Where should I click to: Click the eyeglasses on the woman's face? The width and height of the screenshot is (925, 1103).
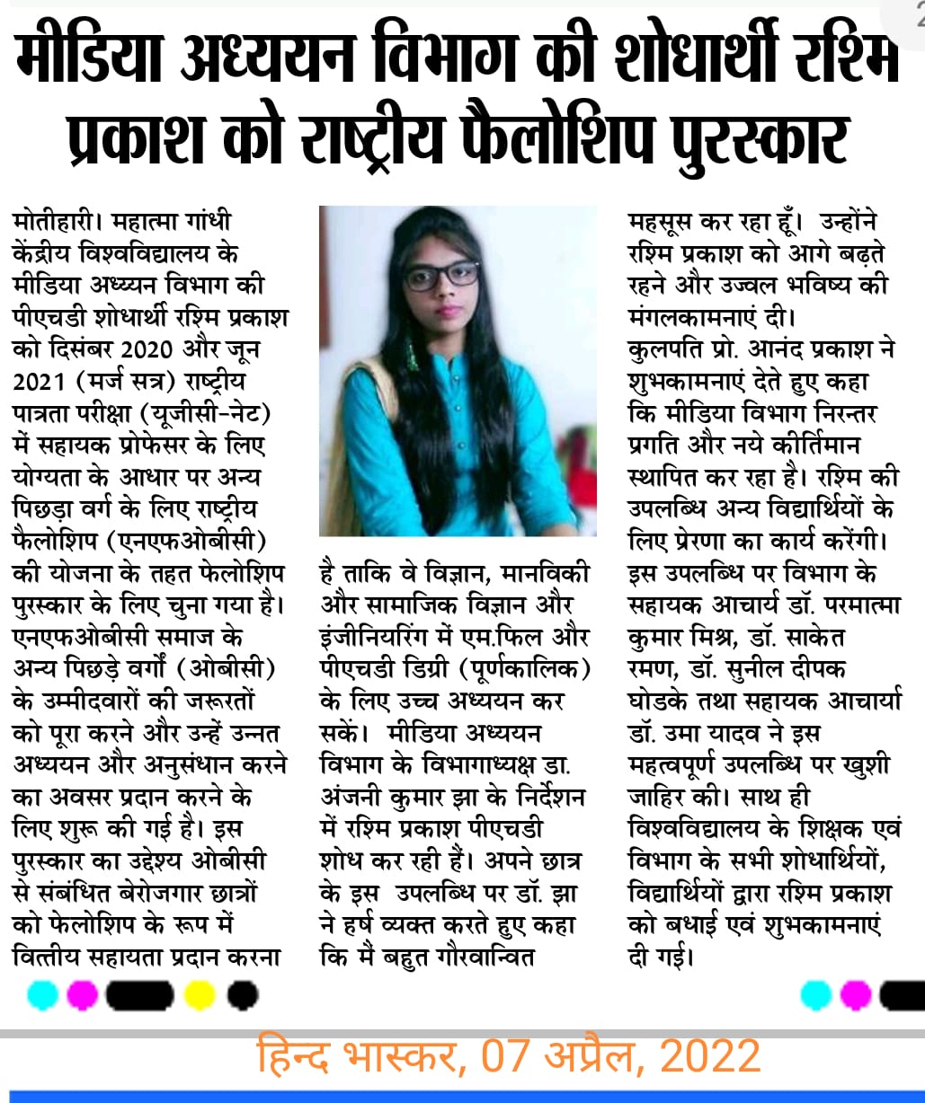pos(440,276)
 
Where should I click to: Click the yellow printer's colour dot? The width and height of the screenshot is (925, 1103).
pos(199,994)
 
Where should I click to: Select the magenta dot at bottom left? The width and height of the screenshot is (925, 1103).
pos(83,994)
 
